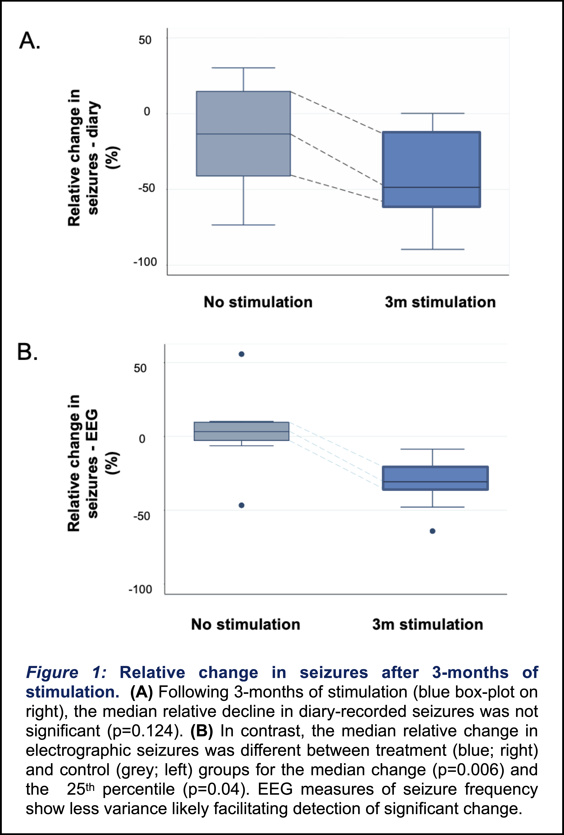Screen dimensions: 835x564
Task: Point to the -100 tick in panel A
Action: point(145,262)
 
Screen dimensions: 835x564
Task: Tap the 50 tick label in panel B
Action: point(140,368)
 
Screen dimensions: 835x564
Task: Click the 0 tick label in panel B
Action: point(142,439)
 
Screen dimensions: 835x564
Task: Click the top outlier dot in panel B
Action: point(241,354)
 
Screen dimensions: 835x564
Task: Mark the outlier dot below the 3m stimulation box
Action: point(433,531)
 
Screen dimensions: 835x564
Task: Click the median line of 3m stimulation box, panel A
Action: point(431,187)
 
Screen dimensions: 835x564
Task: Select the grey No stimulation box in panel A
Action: point(243,155)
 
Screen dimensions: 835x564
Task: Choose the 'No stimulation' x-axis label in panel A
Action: point(258,302)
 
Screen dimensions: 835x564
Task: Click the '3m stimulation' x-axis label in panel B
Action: point(427,624)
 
